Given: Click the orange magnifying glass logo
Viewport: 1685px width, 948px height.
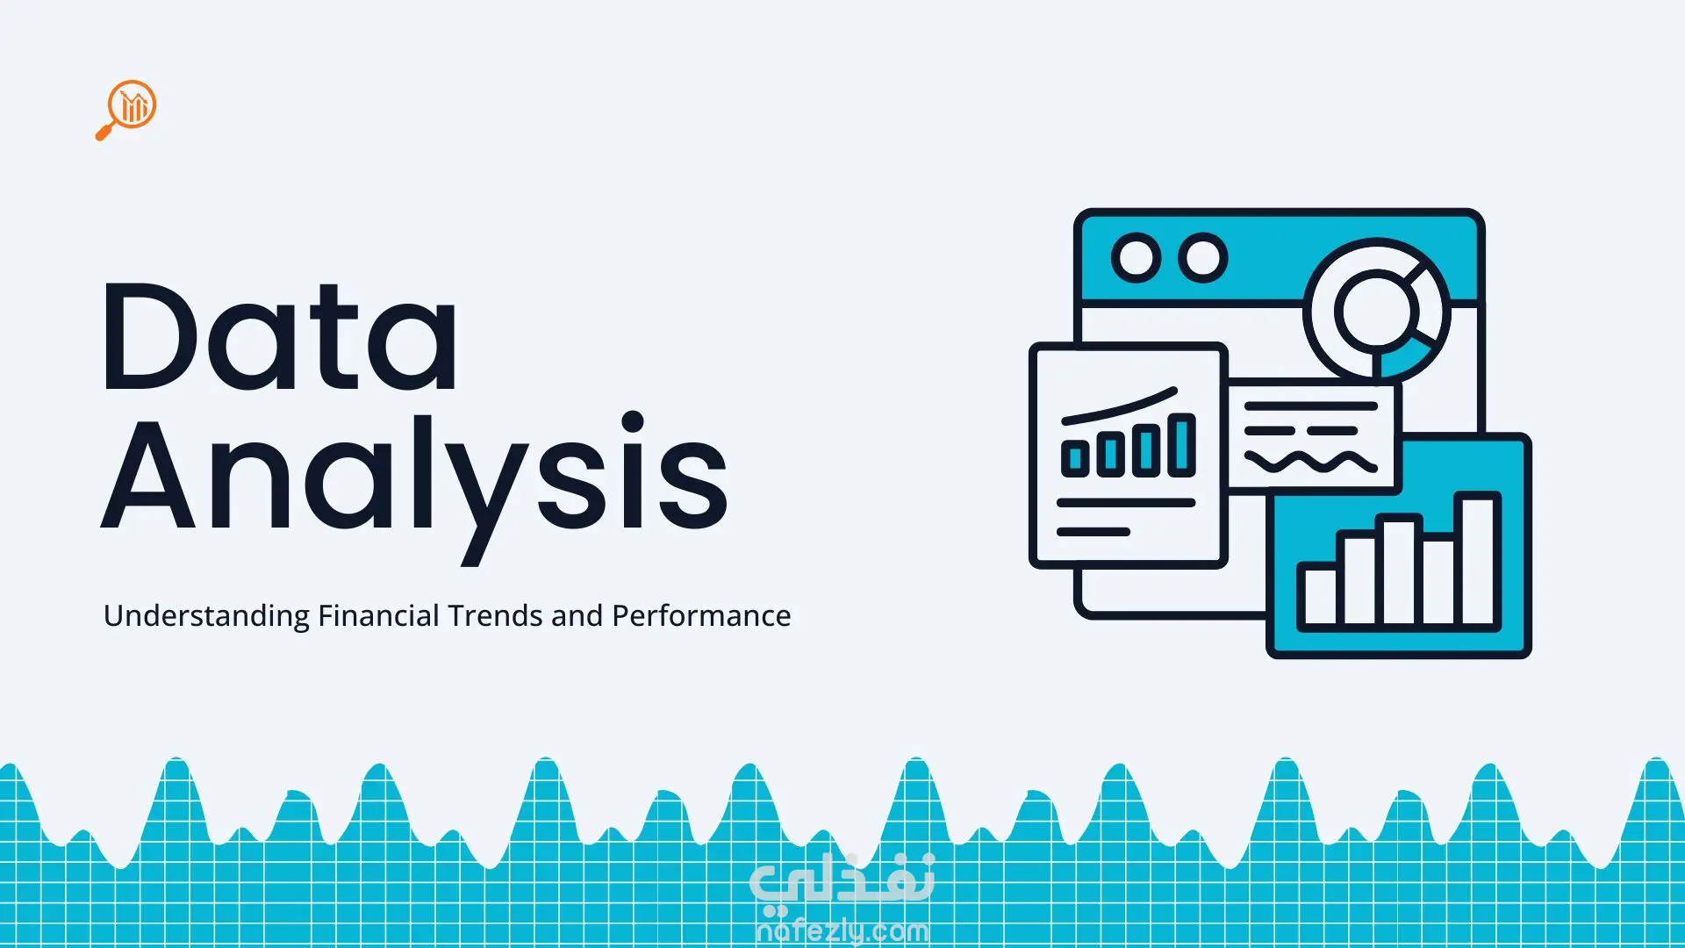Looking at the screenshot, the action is pyautogui.click(x=126, y=110).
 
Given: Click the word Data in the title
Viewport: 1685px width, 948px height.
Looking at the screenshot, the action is pyautogui.click(x=280, y=337).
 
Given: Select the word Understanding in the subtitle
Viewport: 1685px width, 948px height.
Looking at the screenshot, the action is pyautogui.click(x=206, y=616).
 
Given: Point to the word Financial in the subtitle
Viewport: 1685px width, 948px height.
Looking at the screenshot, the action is pyautogui.click(x=378, y=615).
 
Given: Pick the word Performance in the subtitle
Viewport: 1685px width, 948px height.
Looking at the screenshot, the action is pyautogui.click(x=701, y=615).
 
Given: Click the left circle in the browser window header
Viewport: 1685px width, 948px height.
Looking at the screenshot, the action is pyautogui.click(x=1136, y=258).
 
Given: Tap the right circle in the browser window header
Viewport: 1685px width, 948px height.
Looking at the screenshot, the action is pyautogui.click(x=1202, y=258).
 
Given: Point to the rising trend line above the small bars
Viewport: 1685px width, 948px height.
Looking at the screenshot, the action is pyautogui.click(x=1120, y=406).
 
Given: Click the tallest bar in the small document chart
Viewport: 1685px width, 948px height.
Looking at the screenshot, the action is pyautogui.click(x=1181, y=445).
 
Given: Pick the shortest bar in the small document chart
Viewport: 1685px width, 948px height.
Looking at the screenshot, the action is pyautogui.click(x=1075, y=458).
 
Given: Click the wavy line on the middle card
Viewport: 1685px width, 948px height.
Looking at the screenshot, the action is pyautogui.click(x=1310, y=461).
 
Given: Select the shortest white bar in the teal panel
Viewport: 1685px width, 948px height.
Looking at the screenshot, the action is pyautogui.click(x=1319, y=596).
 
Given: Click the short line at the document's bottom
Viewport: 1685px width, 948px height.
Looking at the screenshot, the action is pyautogui.click(x=1093, y=532).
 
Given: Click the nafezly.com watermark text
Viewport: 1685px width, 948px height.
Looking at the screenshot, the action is pyautogui.click(x=842, y=930).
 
